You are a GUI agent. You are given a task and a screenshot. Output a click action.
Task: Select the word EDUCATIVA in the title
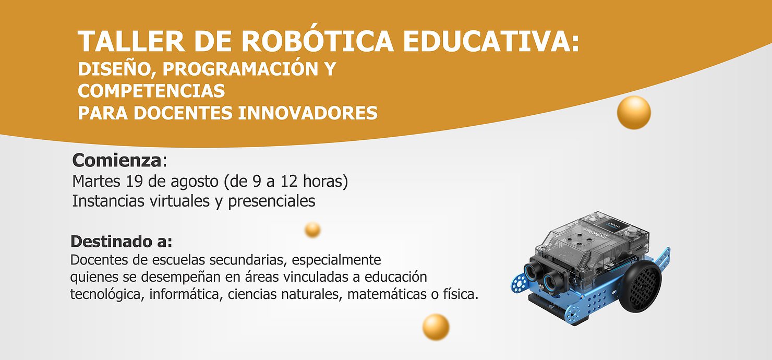pyautogui.click(x=486, y=42)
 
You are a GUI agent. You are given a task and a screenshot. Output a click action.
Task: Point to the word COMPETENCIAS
pyautogui.click(x=151, y=91)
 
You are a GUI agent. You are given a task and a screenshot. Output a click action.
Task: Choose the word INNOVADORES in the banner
pyautogui.click(x=308, y=113)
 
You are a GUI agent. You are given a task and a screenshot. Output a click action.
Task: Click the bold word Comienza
pyautogui.click(x=117, y=160)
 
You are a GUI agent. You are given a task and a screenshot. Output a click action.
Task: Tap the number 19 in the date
pyautogui.click(x=134, y=182)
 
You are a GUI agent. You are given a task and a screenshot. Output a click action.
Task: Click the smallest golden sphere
pyautogui.click(x=312, y=230)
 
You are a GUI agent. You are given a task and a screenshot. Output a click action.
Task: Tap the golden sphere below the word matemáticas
pyautogui.click(x=436, y=327)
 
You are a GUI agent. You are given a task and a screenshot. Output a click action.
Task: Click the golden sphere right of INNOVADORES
pyautogui.click(x=634, y=112)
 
